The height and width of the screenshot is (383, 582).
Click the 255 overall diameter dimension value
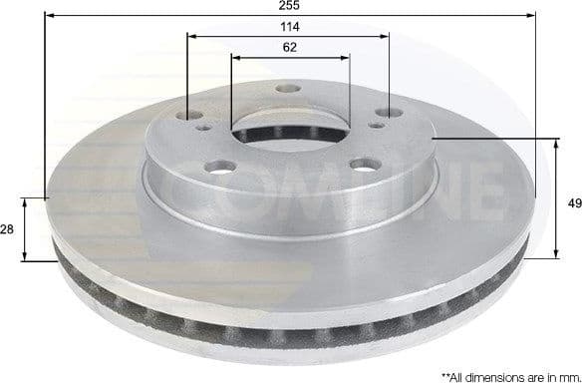(x=290, y=5)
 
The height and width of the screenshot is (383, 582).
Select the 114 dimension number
(x=290, y=26)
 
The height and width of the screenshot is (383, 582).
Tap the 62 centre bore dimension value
(x=290, y=46)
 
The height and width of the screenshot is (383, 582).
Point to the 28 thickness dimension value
(x=7, y=229)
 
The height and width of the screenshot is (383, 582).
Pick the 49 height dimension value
(x=573, y=202)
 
